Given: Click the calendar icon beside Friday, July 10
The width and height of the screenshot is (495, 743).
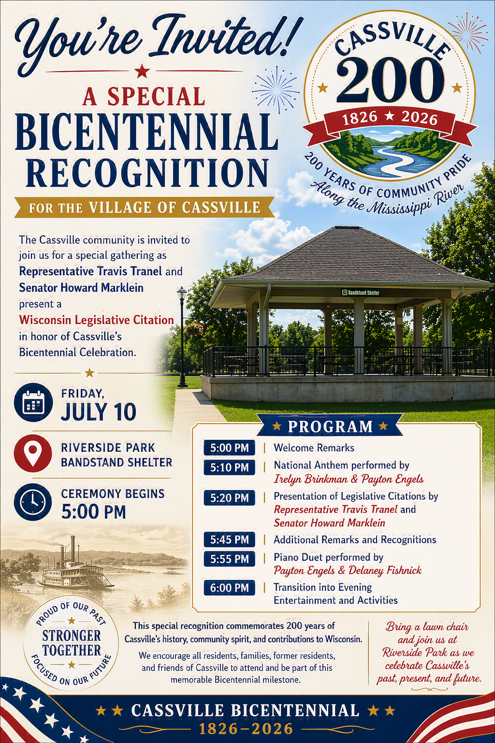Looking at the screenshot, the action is [33, 402].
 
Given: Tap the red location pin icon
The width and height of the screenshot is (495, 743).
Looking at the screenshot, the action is [33, 453].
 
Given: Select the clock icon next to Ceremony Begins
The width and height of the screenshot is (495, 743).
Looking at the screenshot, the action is [33, 502].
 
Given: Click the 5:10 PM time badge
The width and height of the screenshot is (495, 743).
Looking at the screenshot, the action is [230, 467].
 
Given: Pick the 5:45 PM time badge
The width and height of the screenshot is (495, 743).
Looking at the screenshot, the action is [230, 540].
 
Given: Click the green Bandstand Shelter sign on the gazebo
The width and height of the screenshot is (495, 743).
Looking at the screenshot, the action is [361, 293].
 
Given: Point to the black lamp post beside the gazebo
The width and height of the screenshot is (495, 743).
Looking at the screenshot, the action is [182, 337].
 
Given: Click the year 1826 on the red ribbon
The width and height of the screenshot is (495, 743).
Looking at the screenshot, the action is [360, 117].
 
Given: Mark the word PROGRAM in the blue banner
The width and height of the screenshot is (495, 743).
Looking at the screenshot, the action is [330, 427].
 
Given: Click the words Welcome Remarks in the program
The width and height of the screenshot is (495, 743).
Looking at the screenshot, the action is [314, 448].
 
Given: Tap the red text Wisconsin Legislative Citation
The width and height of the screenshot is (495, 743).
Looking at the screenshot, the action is [97, 320].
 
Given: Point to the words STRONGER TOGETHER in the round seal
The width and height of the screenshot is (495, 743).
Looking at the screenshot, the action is [71, 643].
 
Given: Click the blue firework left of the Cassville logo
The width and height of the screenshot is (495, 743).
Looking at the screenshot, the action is [276, 90].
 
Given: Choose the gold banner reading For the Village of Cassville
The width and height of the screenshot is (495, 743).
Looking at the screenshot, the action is [145, 208].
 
